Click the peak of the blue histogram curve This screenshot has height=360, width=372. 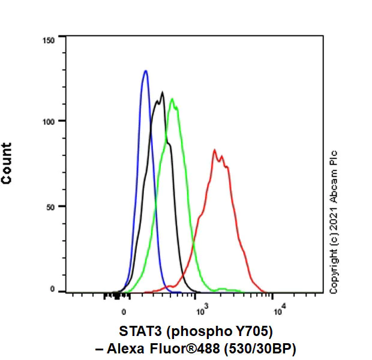click(x=145, y=71)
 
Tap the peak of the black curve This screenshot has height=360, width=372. click(x=163, y=92)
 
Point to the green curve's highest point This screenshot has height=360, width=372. click(x=172, y=99)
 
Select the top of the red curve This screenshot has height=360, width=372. click(x=214, y=150)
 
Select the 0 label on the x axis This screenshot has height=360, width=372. click(x=124, y=312)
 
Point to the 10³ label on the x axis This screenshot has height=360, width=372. click(x=202, y=310)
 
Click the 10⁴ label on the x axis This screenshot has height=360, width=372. click(x=279, y=310)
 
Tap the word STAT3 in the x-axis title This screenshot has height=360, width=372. click(x=135, y=330)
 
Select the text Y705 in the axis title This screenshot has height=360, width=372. click(x=245, y=330)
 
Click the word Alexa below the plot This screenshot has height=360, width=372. click(x=148, y=349)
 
